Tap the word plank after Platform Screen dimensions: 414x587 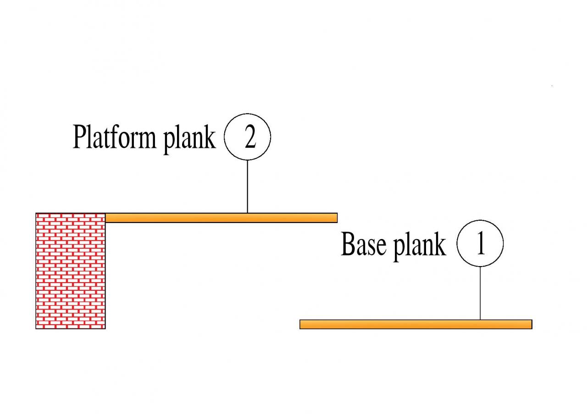pyautogui.click(x=189, y=139)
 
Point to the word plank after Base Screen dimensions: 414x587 pyautogui.click(x=420, y=246)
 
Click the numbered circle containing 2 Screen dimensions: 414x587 pyautogui.click(x=248, y=137)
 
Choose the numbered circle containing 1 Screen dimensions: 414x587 pyautogui.click(x=480, y=243)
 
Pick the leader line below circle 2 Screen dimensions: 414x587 pyautogui.click(x=248, y=186)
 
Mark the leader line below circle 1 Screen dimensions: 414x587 pyautogui.click(x=480, y=293)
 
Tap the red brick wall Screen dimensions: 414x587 pyautogui.click(x=71, y=271)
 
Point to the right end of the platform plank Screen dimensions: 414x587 pyautogui.click(x=336, y=218)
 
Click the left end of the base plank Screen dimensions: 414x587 pyautogui.click(x=301, y=324)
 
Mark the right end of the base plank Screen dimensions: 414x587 pyautogui.click(x=531, y=324)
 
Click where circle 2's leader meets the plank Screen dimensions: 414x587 pyautogui.click(x=248, y=213)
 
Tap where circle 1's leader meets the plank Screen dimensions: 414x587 pyautogui.click(x=480, y=320)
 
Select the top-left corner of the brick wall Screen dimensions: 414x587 pyautogui.click(x=36, y=213)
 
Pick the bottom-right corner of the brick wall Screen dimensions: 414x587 pyautogui.click(x=105, y=328)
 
